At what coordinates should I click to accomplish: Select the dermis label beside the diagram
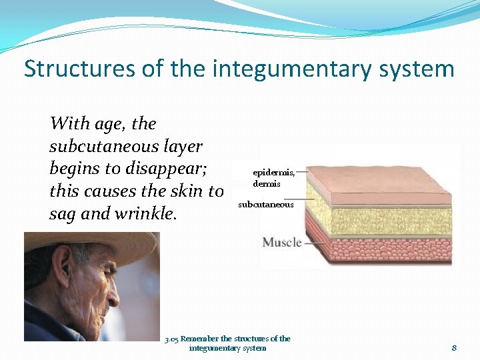tap(266, 183)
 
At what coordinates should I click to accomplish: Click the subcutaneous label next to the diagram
tap(265, 205)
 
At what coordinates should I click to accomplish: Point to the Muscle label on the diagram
tap(281, 242)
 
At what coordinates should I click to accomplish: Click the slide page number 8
tap(454, 347)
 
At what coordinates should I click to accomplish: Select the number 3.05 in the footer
tap(171, 339)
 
